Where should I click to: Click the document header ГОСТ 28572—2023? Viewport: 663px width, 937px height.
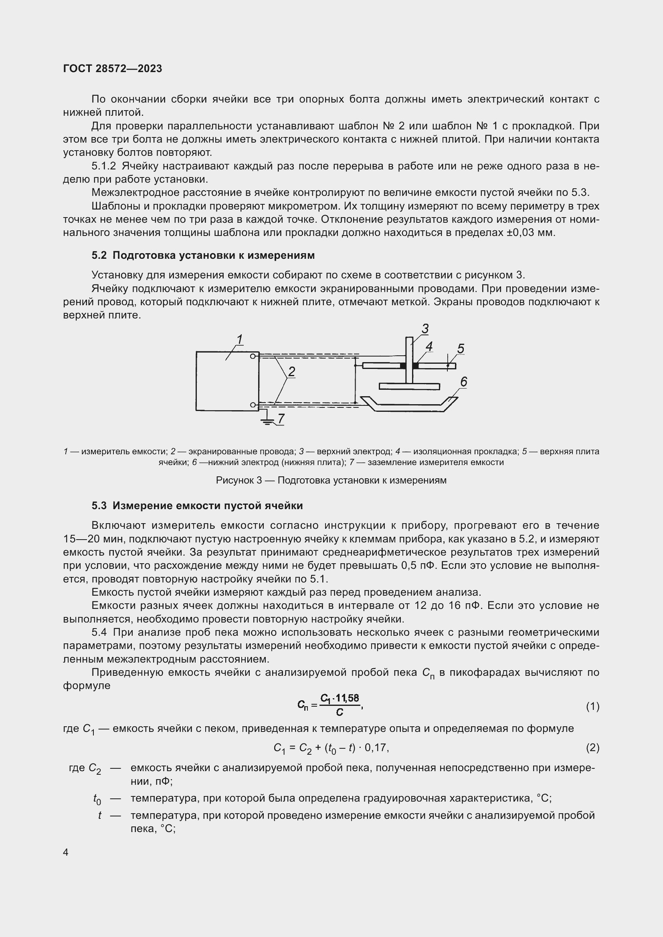pos(113,69)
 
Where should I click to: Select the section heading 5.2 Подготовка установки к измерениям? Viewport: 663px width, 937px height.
pos(203,256)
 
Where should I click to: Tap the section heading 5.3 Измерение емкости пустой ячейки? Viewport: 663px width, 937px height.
pos(197,506)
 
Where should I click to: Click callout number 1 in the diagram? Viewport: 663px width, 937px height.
pos(240,340)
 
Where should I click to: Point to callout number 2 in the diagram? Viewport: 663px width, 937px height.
pos(291,372)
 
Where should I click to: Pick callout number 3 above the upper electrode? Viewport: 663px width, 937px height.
pos(425,328)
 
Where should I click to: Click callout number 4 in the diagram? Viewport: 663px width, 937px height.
pos(429,347)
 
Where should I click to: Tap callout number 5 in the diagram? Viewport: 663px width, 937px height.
pos(461,349)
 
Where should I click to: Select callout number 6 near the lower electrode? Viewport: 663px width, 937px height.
pos(463,382)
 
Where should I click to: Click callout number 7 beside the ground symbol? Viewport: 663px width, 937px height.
pos(281,419)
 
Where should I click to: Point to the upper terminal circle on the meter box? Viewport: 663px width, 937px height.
pos(253,356)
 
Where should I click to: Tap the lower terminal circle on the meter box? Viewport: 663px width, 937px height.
pos(253,405)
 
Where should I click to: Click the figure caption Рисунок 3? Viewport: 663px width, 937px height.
pos(331,480)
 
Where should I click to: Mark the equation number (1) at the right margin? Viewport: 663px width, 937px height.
pos(592,706)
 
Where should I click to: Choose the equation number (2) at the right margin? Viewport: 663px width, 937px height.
pos(592,748)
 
